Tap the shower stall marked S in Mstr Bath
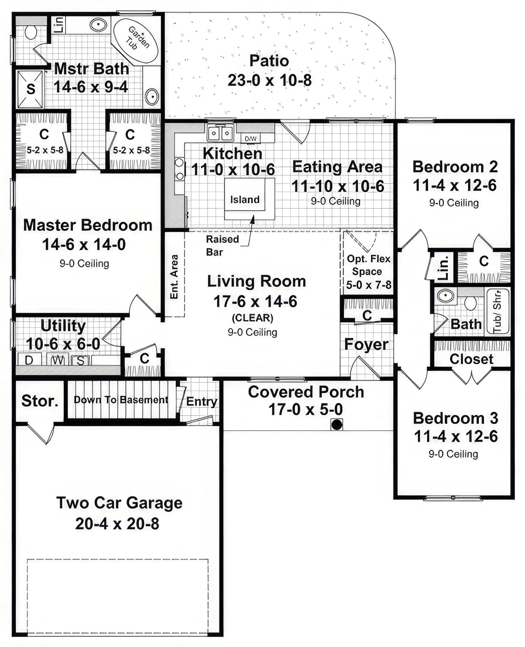point(30,89)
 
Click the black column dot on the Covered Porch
point(337,424)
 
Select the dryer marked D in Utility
point(29,360)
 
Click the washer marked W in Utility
point(58,360)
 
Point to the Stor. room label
point(40,401)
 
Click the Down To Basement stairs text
point(121,400)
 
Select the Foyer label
point(366,344)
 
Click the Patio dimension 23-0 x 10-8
point(269,80)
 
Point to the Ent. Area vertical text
point(174,277)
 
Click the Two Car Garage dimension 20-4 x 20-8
point(117,524)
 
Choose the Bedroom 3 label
point(455,418)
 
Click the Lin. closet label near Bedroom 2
point(443,268)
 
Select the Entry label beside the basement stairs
point(201,401)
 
